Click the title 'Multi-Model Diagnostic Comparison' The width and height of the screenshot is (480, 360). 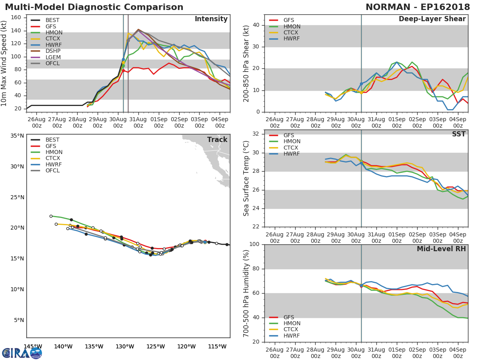coord(94,7)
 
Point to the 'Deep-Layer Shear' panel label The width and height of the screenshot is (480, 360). coord(432,19)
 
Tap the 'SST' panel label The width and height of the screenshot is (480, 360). coord(458,134)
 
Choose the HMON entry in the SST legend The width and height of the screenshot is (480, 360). coord(292,142)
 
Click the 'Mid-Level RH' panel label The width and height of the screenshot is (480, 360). coord(441,249)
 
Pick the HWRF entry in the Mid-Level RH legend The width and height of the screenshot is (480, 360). coord(291,336)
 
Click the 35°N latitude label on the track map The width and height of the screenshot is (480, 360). coord(16,136)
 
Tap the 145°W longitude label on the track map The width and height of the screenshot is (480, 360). coord(33,346)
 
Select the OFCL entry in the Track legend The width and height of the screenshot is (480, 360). coord(52,171)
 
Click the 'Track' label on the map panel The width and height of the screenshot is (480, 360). coord(217,140)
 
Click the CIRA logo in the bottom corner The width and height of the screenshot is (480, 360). coord(22,353)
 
